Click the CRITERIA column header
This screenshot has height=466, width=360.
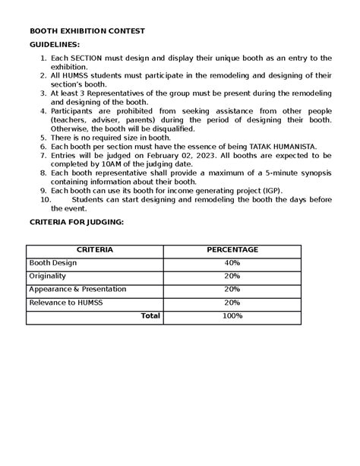coord(95,249)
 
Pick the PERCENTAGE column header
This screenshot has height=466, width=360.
coord(232,249)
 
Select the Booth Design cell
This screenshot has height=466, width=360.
coord(52,262)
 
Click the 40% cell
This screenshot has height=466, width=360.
coord(232,262)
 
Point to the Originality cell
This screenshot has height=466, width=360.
coord(48,276)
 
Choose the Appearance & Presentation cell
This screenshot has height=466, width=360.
coord(77,289)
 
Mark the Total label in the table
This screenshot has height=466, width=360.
coord(150,315)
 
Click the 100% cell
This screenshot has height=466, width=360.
coord(232,315)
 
